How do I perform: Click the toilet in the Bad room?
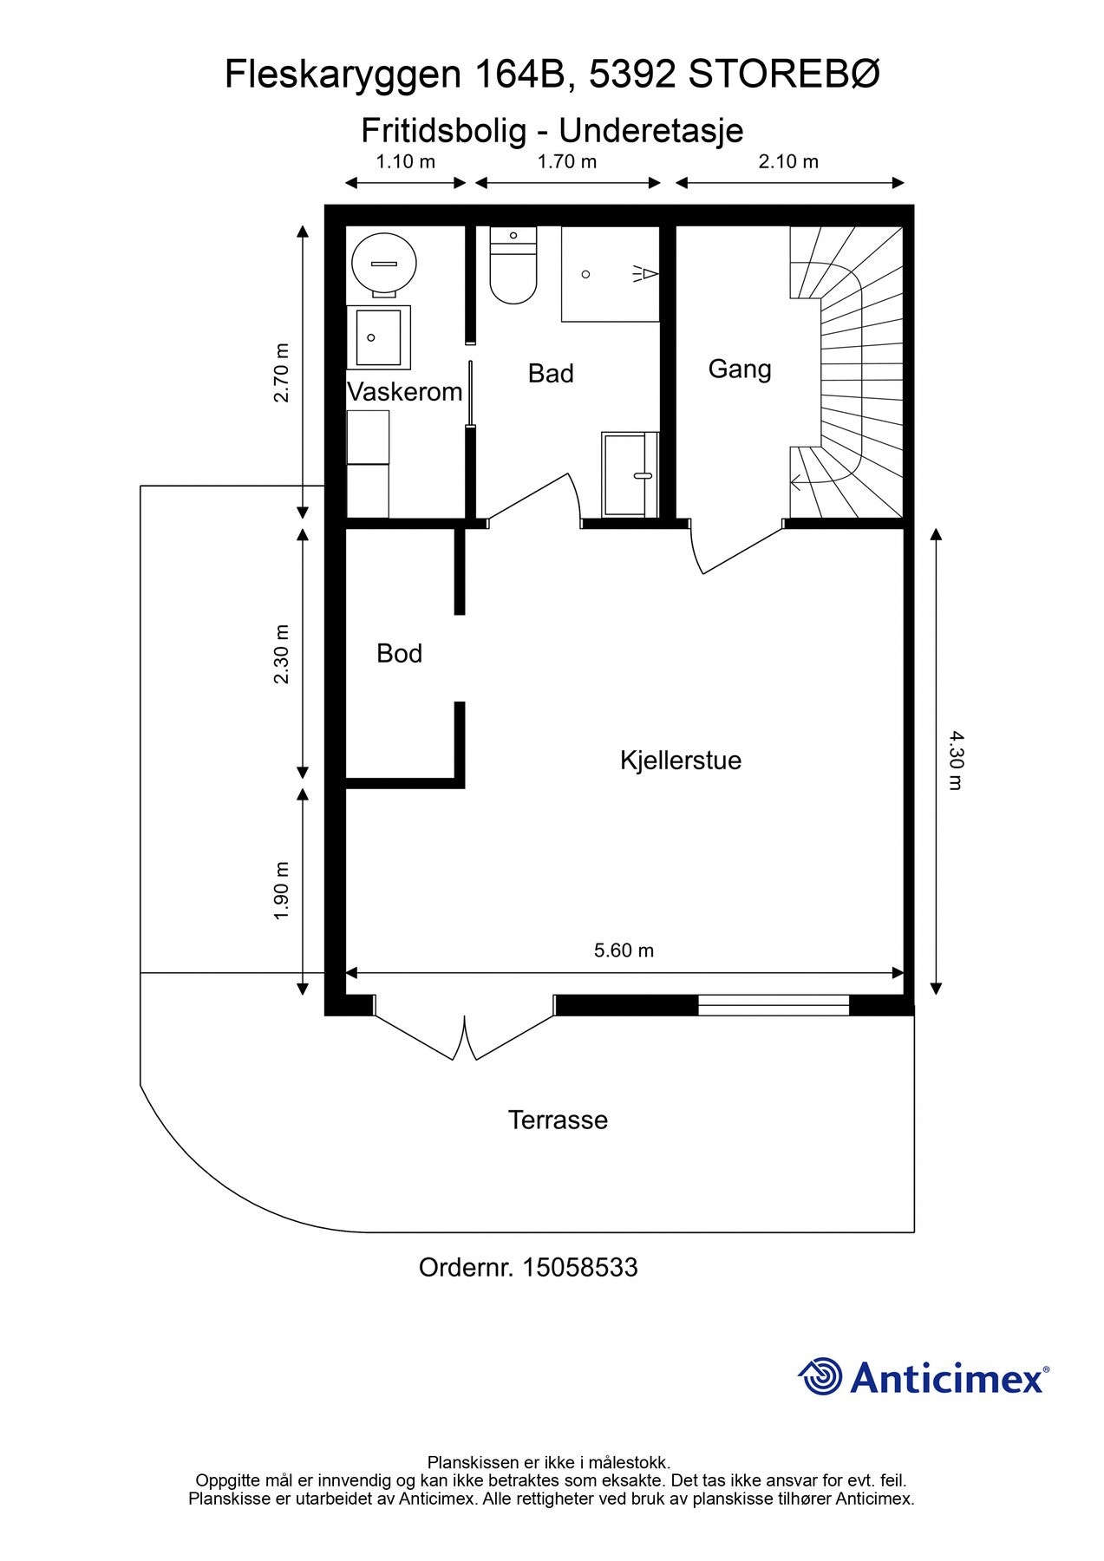click(x=513, y=265)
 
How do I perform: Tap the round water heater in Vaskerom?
click(x=384, y=263)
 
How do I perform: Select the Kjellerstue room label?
click(x=681, y=761)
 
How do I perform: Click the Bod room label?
click(x=399, y=653)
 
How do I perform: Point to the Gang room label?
click(x=740, y=369)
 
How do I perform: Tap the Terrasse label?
click(x=558, y=1120)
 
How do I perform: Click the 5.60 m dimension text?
click(x=624, y=950)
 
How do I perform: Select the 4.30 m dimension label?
click(x=955, y=761)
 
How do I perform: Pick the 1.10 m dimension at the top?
click(x=405, y=161)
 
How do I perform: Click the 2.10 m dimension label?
click(x=788, y=161)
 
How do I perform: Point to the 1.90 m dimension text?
click(x=281, y=892)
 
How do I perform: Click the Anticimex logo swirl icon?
click(x=820, y=1377)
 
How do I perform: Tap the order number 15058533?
click(x=580, y=1268)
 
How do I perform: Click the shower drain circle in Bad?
click(x=586, y=274)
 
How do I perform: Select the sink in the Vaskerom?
click(x=379, y=337)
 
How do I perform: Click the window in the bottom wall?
click(x=774, y=1005)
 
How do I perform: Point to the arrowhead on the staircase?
click(x=796, y=482)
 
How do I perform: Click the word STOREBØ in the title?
click(x=785, y=75)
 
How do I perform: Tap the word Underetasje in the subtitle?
click(x=651, y=131)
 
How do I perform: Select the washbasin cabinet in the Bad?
click(x=630, y=474)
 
